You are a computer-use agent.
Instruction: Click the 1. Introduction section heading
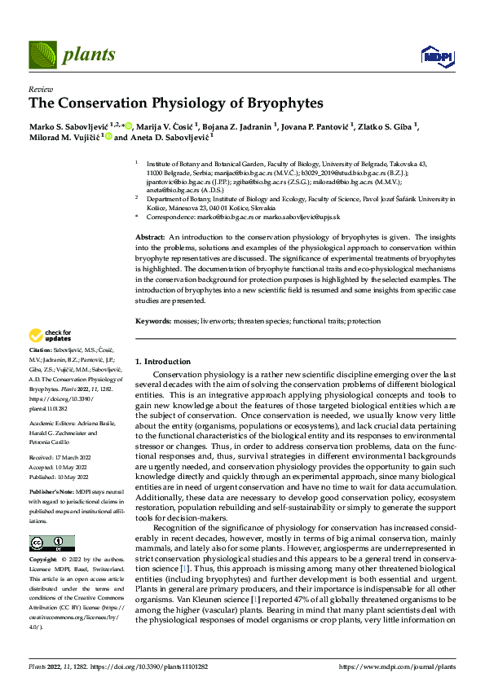163,361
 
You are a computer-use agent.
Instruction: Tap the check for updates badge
51,335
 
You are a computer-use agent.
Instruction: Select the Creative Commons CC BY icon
51,543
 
